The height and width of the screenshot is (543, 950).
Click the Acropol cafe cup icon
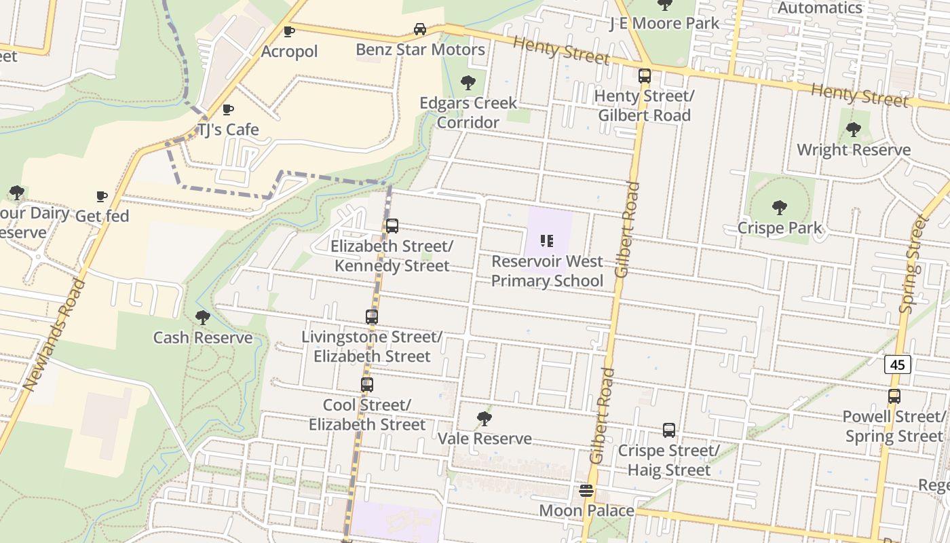289,31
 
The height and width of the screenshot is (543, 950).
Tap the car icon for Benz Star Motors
420,29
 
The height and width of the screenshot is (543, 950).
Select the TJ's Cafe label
228,129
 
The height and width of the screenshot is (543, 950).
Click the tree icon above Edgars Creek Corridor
468,83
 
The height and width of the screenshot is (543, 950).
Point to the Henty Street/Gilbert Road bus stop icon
644,76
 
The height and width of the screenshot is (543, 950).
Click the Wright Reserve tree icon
854,129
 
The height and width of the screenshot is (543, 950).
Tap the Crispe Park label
780,228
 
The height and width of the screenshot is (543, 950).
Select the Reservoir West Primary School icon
547,241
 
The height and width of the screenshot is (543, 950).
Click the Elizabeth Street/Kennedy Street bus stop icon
392,226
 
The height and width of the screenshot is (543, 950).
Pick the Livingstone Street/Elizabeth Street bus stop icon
372,317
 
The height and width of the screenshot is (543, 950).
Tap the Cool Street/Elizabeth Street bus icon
367,385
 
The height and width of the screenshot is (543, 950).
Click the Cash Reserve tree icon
202,317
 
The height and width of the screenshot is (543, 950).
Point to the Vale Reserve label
484,438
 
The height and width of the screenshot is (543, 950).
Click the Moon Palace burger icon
587,491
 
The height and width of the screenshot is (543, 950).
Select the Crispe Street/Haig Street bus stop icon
669,430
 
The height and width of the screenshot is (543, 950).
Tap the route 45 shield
897,364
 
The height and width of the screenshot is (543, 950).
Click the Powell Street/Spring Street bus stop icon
894,396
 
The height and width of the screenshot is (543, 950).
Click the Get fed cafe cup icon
102,196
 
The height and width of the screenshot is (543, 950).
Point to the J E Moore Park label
664,23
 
